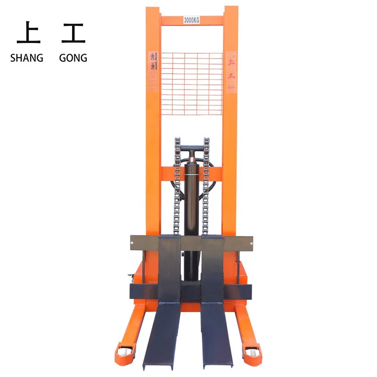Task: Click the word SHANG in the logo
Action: (26, 58)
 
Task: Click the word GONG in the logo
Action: (73, 58)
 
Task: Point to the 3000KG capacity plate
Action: (192, 20)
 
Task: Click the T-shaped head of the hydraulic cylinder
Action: (192, 149)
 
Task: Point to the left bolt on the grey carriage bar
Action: (133, 243)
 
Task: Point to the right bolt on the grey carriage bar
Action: (251, 243)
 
